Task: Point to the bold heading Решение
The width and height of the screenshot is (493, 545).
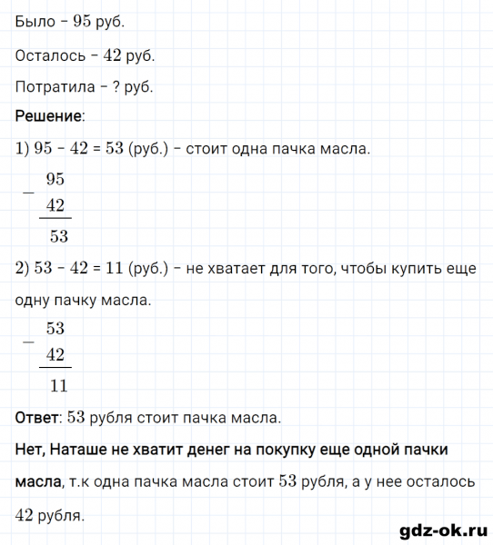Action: click(50, 116)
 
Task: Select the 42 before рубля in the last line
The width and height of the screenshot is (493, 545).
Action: click(26, 516)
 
